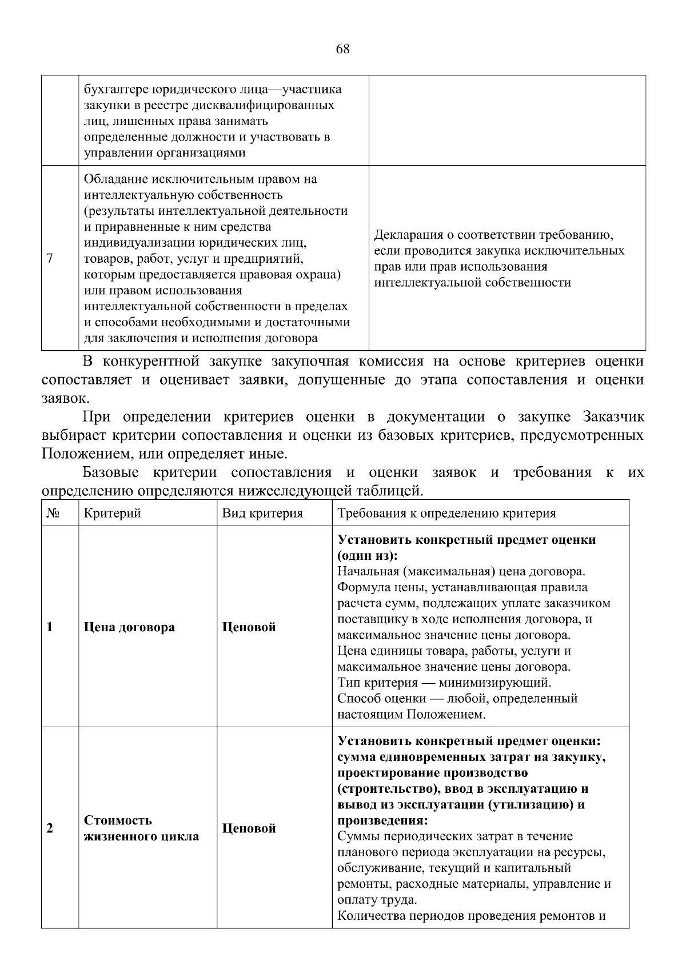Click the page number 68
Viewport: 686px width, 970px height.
tap(342, 49)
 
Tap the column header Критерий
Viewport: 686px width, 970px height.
tap(112, 513)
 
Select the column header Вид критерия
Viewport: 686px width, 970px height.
tap(262, 513)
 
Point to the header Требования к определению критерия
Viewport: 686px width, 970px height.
tap(446, 513)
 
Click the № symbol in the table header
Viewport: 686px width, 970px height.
tap(53, 513)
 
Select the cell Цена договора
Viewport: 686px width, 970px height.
tap(129, 627)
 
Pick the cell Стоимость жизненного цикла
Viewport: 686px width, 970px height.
tap(141, 828)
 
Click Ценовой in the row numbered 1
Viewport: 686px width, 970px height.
tap(249, 627)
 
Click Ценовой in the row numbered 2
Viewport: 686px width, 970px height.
tap(249, 828)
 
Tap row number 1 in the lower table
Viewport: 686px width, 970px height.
tap(50, 627)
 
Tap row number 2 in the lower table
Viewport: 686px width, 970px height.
tap(50, 828)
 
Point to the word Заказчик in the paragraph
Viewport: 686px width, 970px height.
tap(613, 417)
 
